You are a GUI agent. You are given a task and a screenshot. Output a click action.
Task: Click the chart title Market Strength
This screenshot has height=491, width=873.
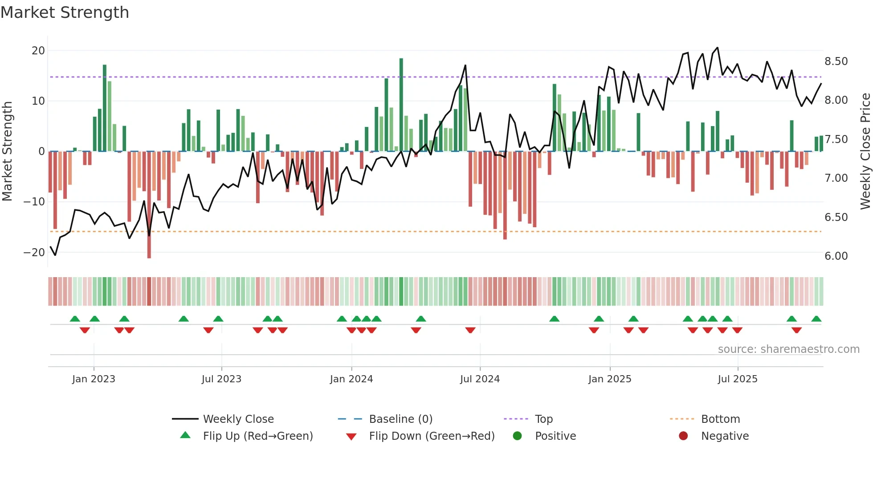pyautogui.click(x=65, y=12)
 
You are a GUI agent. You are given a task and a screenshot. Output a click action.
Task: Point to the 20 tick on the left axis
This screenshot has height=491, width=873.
pyautogui.click(x=38, y=51)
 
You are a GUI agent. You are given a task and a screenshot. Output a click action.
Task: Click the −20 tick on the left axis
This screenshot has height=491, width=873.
pyautogui.click(x=34, y=253)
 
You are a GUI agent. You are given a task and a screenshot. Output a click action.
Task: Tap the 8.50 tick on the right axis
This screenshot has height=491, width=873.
pyautogui.click(x=836, y=61)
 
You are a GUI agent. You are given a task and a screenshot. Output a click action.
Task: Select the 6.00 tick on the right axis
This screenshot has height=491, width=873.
pyautogui.click(x=836, y=256)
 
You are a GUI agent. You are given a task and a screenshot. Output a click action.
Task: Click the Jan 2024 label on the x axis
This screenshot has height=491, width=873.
pyautogui.click(x=351, y=379)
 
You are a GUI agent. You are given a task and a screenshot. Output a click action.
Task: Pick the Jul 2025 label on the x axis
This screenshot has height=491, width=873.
pyautogui.click(x=738, y=379)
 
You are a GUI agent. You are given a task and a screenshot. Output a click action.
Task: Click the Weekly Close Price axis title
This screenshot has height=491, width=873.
pyautogui.click(x=865, y=151)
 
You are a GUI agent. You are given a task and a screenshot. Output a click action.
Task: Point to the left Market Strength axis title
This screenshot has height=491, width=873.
pyautogui.click(x=8, y=151)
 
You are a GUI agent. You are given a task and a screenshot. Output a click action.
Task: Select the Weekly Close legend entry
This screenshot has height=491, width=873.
pyautogui.click(x=238, y=419)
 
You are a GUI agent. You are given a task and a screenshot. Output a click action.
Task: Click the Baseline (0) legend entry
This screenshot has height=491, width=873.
pyautogui.click(x=400, y=419)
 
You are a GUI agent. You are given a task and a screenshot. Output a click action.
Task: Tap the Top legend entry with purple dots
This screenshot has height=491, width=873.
pyautogui.click(x=543, y=419)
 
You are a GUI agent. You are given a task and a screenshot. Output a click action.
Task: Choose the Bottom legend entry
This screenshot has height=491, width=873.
pyautogui.click(x=720, y=419)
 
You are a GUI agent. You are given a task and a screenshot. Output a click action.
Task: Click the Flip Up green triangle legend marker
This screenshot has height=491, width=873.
pyautogui.click(x=185, y=435)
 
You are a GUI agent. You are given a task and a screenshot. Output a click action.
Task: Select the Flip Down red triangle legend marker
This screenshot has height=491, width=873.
pyautogui.click(x=351, y=437)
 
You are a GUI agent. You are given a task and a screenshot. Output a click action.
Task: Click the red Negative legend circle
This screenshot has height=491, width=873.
pyautogui.click(x=683, y=436)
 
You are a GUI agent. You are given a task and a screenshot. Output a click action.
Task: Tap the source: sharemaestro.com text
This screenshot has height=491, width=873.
pyautogui.click(x=788, y=349)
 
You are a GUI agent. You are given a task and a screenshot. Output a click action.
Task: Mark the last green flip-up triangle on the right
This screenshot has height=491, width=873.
pyautogui.click(x=816, y=319)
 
